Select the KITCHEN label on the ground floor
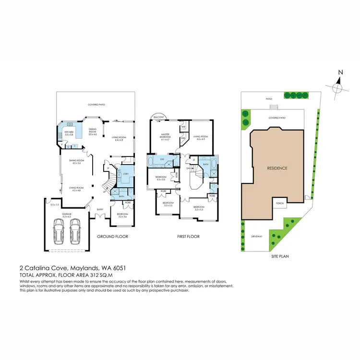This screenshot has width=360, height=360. pos(69,132)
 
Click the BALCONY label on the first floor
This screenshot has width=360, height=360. pos(159,117)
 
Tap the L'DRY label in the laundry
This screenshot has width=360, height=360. pos(125,173)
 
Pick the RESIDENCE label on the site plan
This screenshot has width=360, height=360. pos(277,168)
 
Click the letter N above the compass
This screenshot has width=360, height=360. pos(339,72)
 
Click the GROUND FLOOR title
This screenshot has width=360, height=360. pos(111,237)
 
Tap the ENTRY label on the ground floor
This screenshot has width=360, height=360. pos(100,209)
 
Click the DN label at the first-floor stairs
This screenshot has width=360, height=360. pos(188,168)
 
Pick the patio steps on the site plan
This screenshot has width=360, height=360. pos(273,108)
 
